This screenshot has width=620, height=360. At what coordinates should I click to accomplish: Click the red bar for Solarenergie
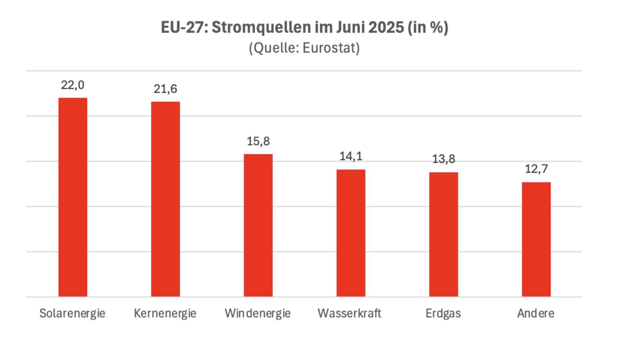click(x=73, y=197)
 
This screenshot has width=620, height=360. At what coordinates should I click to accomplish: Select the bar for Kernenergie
click(x=165, y=199)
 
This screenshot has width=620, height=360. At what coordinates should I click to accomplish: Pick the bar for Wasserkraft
click(x=351, y=233)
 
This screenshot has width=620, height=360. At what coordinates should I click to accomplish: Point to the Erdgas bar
click(x=444, y=235)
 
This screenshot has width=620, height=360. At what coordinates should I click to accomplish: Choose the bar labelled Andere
click(x=536, y=239)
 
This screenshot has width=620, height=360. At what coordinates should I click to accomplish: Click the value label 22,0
click(x=73, y=85)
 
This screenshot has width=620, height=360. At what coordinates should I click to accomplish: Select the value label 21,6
click(x=165, y=89)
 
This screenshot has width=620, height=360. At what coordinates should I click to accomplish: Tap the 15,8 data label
click(x=258, y=141)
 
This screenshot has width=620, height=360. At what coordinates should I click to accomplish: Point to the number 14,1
click(x=351, y=156)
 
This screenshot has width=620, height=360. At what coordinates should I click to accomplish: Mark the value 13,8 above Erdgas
click(x=444, y=159)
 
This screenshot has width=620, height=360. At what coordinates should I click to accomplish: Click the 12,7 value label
click(x=536, y=169)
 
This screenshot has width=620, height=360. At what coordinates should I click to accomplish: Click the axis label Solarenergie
click(x=73, y=313)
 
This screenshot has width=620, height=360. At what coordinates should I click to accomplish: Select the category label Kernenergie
click(x=165, y=313)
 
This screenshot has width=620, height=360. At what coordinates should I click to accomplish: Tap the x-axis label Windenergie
click(x=258, y=313)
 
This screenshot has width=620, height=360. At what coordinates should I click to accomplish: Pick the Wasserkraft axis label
click(x=350, y=313)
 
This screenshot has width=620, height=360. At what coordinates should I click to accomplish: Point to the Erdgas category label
click(x=443, y=313)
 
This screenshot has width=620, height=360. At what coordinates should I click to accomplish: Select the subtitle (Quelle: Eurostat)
click(x=304, y=48)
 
